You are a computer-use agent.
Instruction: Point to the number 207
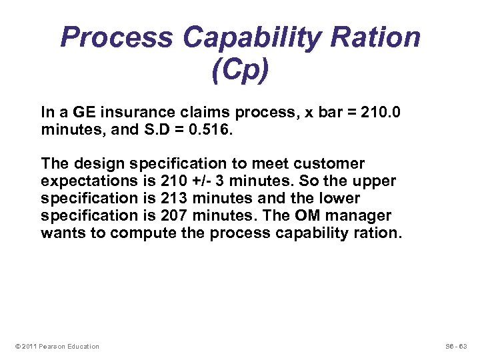174,216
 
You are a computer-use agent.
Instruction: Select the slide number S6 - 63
457,346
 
